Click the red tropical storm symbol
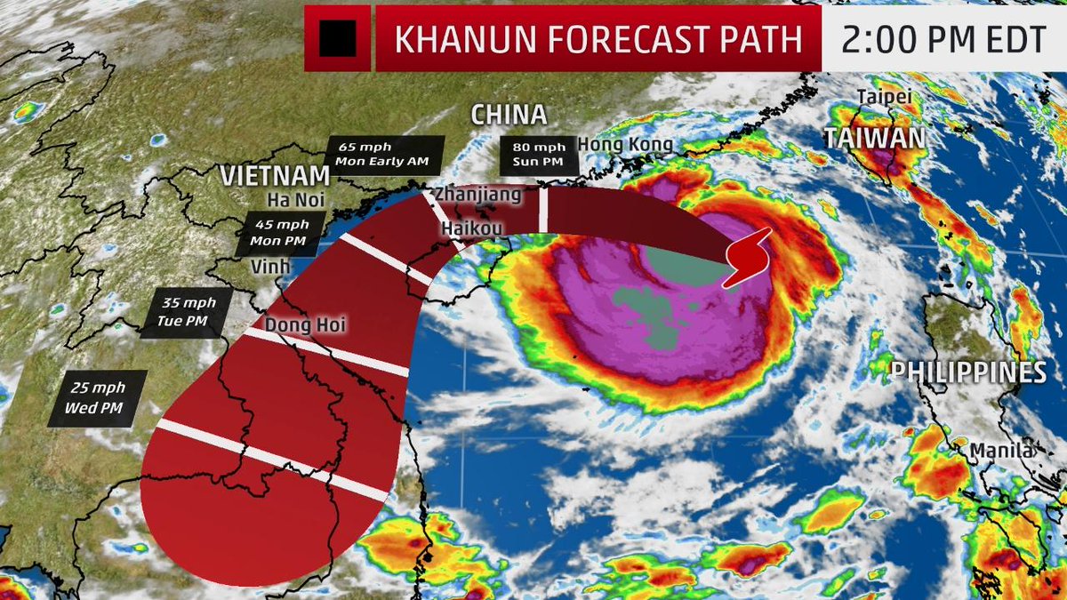point(747,256)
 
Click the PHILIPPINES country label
point(969,371)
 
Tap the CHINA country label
point(508,114)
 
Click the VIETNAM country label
point(270,174)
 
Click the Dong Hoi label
point(304,326)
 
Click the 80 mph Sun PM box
point(540,155)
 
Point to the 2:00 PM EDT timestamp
point(943,38)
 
